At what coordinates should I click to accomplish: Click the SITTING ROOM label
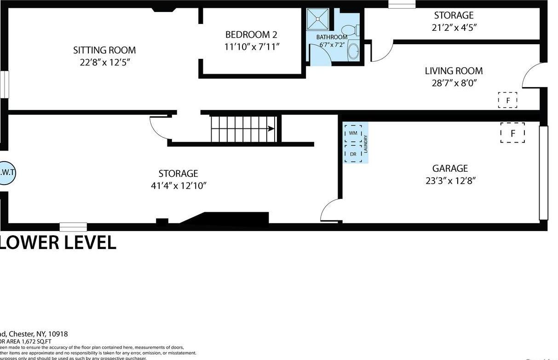tap(104, 50)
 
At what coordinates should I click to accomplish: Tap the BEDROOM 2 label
tap(251, 35)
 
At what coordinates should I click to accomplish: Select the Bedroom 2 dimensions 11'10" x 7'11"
tap(252, 46)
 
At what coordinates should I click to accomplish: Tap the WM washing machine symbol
tap(353, 133)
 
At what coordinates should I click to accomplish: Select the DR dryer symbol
tap(353, 154)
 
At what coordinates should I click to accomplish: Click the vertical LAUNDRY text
tap(366, 144)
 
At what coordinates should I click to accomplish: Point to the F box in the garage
tap(512, 133)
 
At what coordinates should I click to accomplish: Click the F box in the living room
tap(507, 100)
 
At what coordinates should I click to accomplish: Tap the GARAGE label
tap(450, 168)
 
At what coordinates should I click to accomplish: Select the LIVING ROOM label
tap(454, 71)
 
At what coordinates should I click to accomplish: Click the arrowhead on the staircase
tap(271, 129)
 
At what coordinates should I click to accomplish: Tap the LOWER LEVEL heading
tap(58, 243)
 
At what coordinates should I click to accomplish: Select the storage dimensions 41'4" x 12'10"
tap(178, 186)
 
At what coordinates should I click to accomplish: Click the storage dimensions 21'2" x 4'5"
tap(454, 27)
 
